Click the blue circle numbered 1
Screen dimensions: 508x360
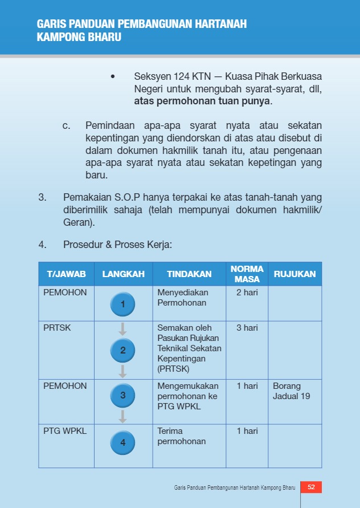coord(123,304)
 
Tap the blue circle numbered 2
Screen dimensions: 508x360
coord(123,350)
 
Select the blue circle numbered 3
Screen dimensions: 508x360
coord(123,395)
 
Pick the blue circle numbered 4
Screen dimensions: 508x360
coord(123,442)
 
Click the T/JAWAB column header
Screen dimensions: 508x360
coord(66,274)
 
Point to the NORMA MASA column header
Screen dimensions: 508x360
coord(247,274)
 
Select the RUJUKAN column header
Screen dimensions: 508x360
coord(294,274)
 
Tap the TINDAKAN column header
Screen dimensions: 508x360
coord(189,274)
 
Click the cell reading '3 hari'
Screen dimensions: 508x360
coord(247,328)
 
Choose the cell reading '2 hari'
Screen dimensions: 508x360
coord(247,292)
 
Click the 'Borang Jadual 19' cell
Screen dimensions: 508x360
coord(292,391)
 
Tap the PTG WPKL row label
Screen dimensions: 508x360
coord(65,431)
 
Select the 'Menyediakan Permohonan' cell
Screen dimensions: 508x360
coord(182,298)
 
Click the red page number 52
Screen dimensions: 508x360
coord(311,487)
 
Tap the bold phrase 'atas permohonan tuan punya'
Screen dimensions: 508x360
coord(203,102)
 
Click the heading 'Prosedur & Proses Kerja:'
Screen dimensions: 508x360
coord(117,245)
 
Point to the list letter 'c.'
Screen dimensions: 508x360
coord(66,125)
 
